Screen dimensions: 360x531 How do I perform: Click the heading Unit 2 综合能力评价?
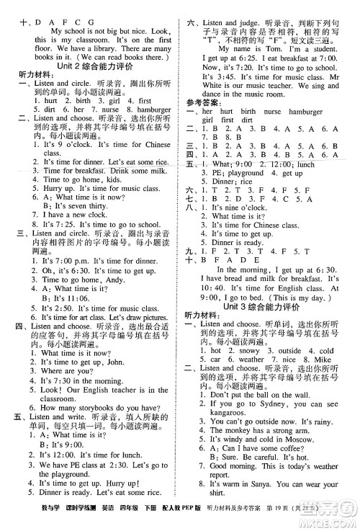(91, 66)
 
